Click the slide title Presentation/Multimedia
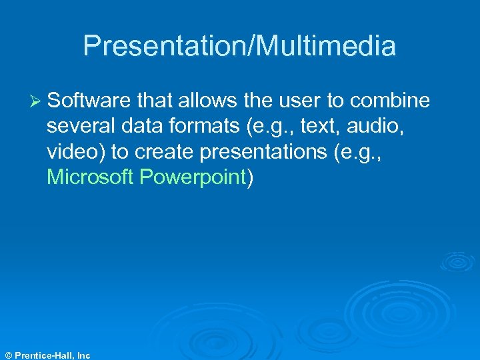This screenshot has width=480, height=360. point(239,46)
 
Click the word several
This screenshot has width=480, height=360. point(79,126)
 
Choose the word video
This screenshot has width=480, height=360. point(73,152)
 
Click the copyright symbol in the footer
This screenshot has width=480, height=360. point(7,355)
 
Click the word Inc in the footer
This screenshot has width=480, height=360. point(83,355)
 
